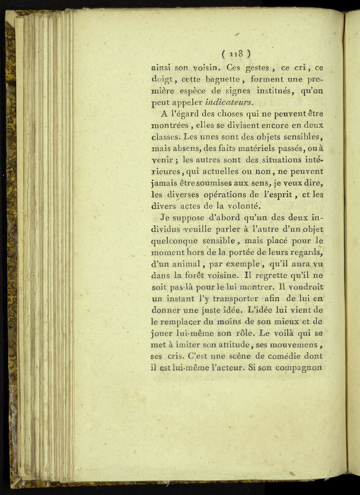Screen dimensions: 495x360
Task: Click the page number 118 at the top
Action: [x=236, y=54]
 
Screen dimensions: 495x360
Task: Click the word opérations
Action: [x=216, y=194]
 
